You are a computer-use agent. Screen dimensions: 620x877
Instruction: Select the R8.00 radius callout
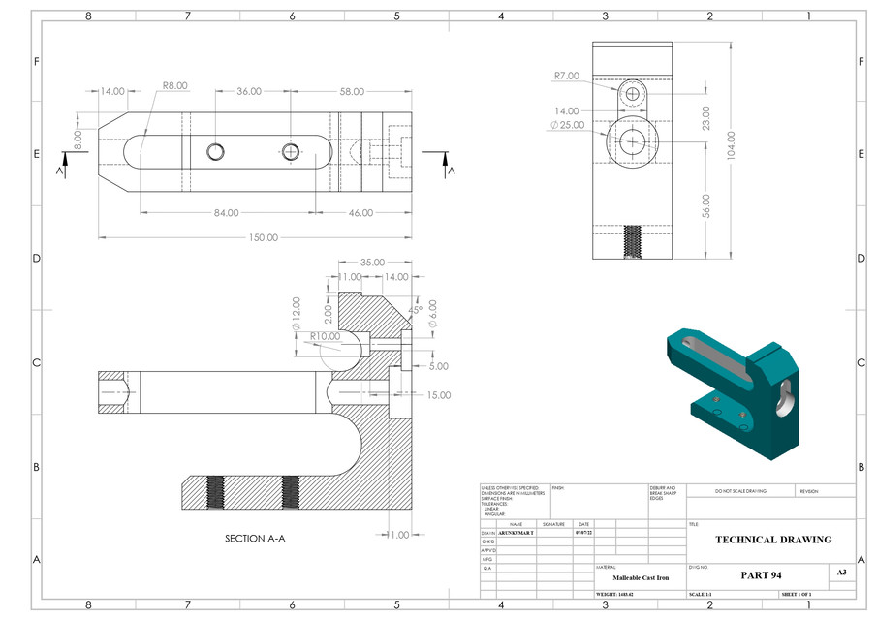174,85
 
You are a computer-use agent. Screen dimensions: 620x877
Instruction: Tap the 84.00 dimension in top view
227,212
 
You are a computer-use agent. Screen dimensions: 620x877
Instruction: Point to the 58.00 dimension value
351,91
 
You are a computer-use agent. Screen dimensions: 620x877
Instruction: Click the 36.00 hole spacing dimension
249,91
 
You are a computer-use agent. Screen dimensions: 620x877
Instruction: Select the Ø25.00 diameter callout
567,126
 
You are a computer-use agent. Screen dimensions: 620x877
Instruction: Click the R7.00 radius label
567,76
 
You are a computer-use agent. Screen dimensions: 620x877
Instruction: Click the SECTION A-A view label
255,539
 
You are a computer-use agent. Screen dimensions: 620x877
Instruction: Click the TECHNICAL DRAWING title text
772,540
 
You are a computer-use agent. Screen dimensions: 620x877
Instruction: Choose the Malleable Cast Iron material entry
640,577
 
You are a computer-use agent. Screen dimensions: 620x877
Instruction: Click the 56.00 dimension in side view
705,206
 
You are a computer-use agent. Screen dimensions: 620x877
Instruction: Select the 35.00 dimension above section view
372,263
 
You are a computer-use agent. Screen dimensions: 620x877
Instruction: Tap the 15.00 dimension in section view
438,395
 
